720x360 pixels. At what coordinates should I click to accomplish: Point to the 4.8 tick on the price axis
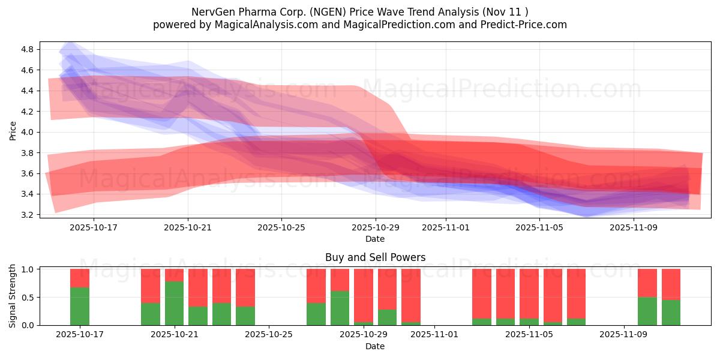pos(28,49)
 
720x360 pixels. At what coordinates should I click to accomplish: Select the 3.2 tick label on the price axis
pos(28,215)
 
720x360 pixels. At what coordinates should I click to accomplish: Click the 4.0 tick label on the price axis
pos(28,132)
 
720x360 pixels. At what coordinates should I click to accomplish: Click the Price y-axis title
pos(13,130)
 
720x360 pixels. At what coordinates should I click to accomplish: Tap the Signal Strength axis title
pos(13,296)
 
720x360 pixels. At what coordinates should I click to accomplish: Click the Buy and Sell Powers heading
pos(375,257)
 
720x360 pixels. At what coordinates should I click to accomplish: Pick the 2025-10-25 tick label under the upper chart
pos(281,227)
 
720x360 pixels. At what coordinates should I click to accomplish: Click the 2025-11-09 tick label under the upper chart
pos(634,227)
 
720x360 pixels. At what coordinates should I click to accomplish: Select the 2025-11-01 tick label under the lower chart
pos(434,335)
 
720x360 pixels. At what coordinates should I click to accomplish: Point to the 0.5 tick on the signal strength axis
pos(28,298)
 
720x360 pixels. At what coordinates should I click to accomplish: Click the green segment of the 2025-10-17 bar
pos(80,307)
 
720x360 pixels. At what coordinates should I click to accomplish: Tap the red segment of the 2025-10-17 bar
pos(80,278)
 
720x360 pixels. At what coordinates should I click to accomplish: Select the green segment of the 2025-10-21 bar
pos(174,304)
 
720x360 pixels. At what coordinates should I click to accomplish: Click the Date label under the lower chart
pos(375,346)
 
